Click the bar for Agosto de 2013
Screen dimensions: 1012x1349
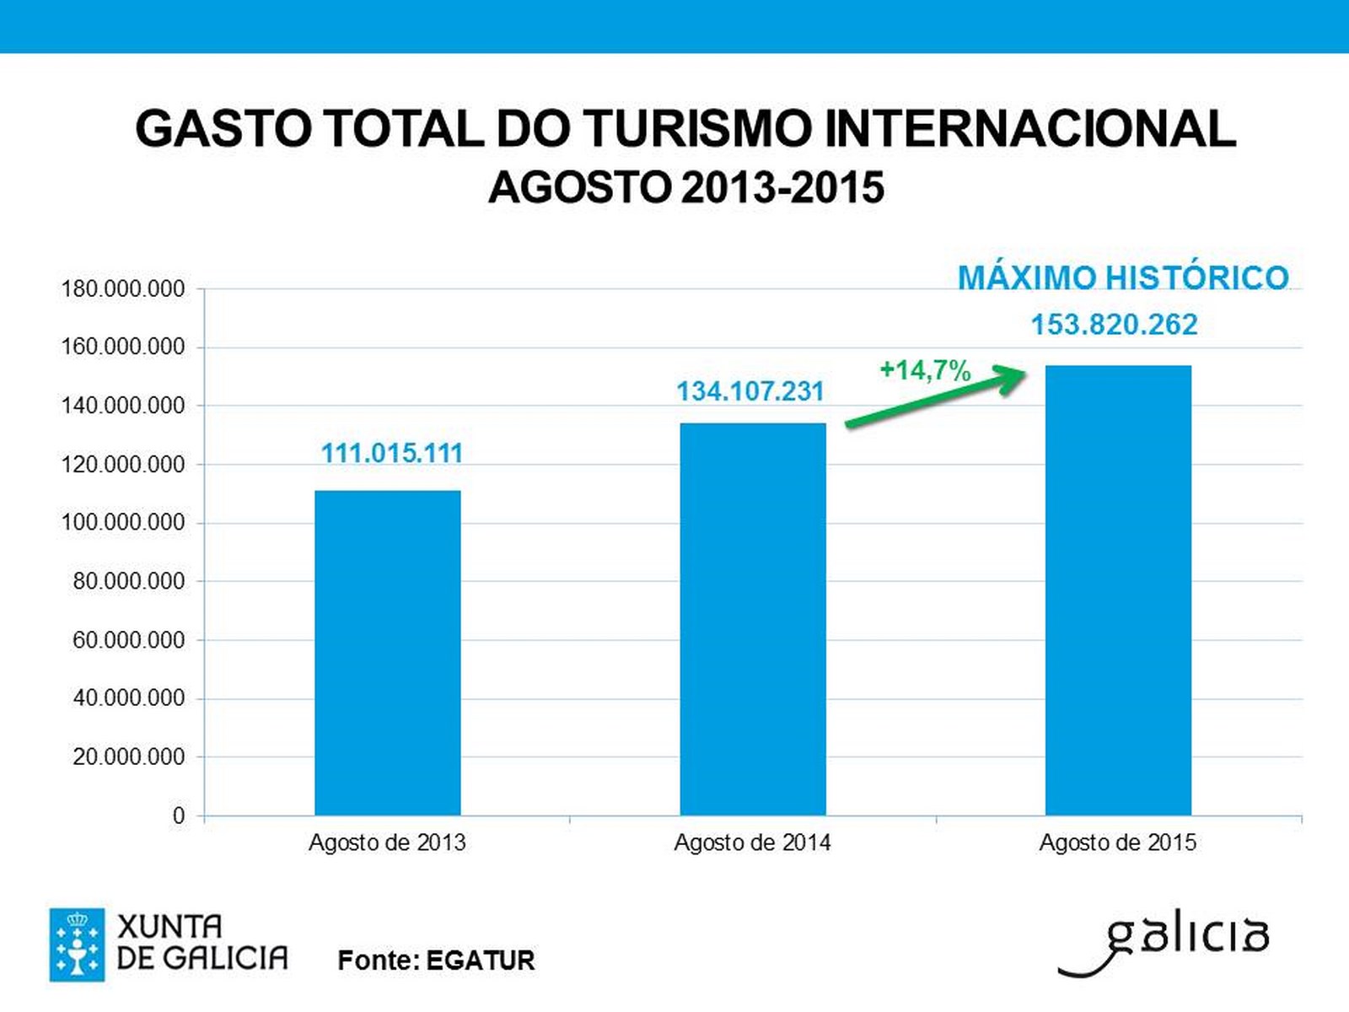point(388,653)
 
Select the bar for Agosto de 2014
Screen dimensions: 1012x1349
point(753,619)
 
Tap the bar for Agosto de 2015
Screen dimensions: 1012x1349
point(1118,590)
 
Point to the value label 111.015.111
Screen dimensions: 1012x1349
point(392,454)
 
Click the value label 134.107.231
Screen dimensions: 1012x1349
point(750,392)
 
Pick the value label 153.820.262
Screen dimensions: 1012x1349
point(1114,325)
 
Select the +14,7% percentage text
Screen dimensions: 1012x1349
point(925,370)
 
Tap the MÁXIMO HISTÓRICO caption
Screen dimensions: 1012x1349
point(1123,278)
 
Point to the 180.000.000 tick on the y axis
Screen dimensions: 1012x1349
point(123,289)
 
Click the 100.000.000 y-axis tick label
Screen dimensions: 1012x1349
point(123,523)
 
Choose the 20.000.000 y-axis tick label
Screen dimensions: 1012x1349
point(129,757)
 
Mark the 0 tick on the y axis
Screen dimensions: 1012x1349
point(179,816)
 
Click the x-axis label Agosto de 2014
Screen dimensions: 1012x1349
point(752,842)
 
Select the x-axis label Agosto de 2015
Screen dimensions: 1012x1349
point(1117,842)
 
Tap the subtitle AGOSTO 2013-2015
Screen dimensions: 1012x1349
point(686,187)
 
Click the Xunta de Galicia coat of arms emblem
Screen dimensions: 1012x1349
point(77,945)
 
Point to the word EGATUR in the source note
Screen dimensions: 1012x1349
point(480,961)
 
